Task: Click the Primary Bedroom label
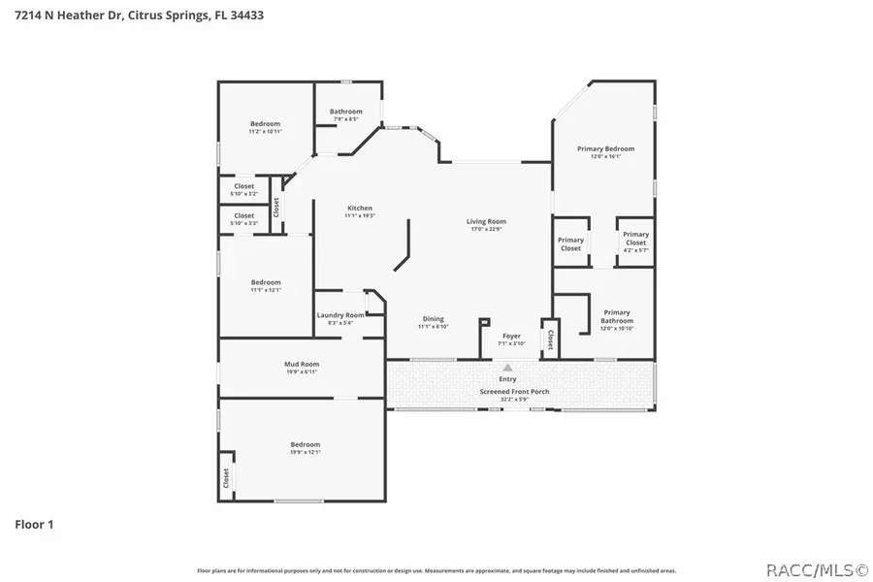(605, 148)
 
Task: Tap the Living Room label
(488, 221)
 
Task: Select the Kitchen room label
(360, 209)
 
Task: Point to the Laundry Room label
(340, 315)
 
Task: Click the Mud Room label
(303, 364)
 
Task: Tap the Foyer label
(511, 337)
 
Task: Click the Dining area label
(433, 319)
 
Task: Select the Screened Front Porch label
(514, 392)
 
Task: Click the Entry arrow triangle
(507, 369)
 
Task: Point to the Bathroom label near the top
(345, 112)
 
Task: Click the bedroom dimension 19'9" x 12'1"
(305, 452)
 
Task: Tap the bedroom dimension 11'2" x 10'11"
(265, 131)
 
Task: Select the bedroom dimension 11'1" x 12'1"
(265, 290)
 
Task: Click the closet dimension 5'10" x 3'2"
(243, 194)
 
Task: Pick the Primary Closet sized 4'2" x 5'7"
(635, 250)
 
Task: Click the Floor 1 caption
(34, 525)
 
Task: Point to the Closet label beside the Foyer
(550, 339)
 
